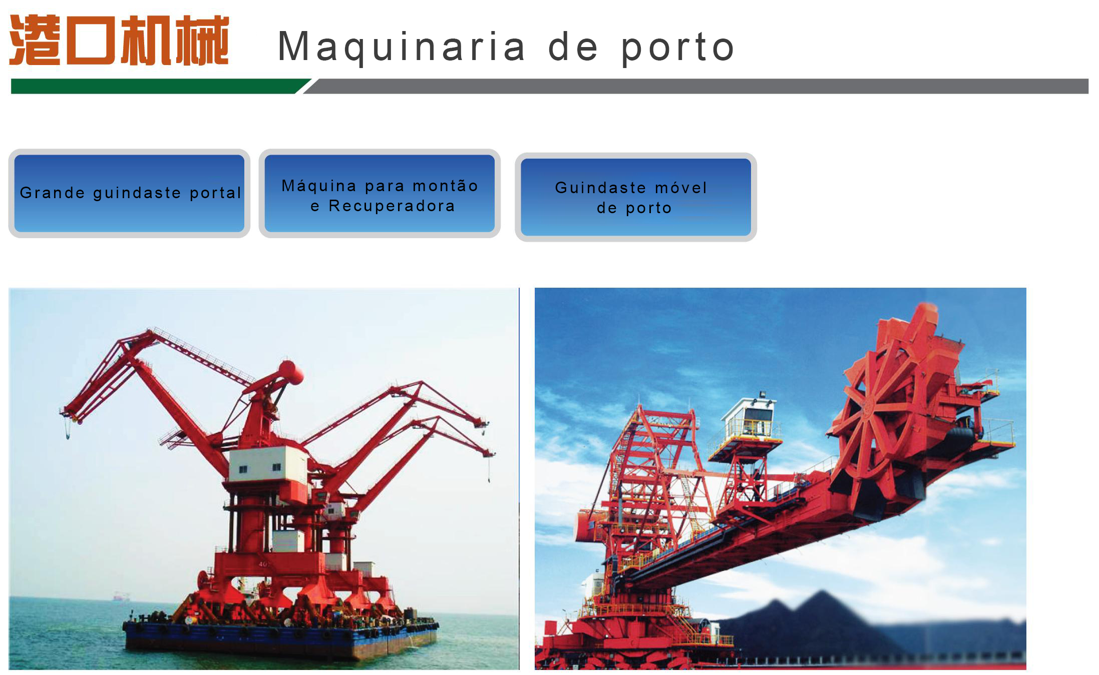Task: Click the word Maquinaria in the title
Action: [x=401, y=47]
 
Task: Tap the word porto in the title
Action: [x=678, y=48]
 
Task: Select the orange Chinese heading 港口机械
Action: [x=119, y=40]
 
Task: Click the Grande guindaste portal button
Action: [x=129, y=193]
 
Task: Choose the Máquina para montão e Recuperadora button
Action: [x=380, y=193]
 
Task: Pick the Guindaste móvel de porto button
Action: [x=636, y=197]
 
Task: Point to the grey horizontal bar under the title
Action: [x=696, y=86]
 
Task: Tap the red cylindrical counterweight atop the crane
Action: [x=291, y=372]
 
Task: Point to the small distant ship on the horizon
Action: [x=121, y=596]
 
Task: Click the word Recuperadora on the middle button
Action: [x=392, y=206]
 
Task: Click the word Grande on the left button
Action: [x=53, y=193]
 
